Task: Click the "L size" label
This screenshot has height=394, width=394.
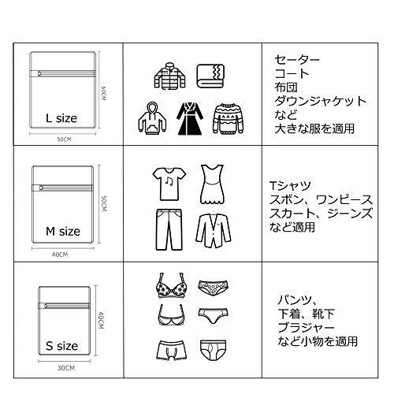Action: click(x=61, y=118)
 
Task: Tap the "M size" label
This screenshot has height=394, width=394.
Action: click(x=63, y=232)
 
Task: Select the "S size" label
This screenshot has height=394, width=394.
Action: click(x=61, y=346)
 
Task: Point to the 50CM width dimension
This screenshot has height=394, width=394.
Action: click(x=64, y=139)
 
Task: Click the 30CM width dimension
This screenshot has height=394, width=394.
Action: click(x=66, y=368)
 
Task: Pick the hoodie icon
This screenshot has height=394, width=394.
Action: click(x=152, y=118)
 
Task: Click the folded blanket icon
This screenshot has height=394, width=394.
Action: click(x=210, y=76)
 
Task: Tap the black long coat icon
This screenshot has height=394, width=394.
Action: click(x=189, y=119)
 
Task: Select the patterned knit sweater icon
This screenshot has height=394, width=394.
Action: click(x=228, y=119)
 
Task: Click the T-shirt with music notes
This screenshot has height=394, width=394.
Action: click(x=169, y=184)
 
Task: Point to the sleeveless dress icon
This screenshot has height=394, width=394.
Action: click(x=213, y=184)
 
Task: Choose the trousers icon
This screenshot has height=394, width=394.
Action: click(x=169, y=229)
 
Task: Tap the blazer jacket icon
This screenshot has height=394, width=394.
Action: click(x=214, y=231)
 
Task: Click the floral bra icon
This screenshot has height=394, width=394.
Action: click(x=172, y=285)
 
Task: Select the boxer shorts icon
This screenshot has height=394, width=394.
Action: click(x=172, y=351)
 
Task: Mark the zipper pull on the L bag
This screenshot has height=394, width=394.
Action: click(x=39, y=73)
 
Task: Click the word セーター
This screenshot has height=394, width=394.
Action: click(x=297, y=60)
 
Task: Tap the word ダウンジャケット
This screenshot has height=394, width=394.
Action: click(x=320, y=101)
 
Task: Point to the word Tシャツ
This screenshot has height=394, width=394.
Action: click(x=291, y=186)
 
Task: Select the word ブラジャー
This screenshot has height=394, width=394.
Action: click(x=306, y=328)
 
